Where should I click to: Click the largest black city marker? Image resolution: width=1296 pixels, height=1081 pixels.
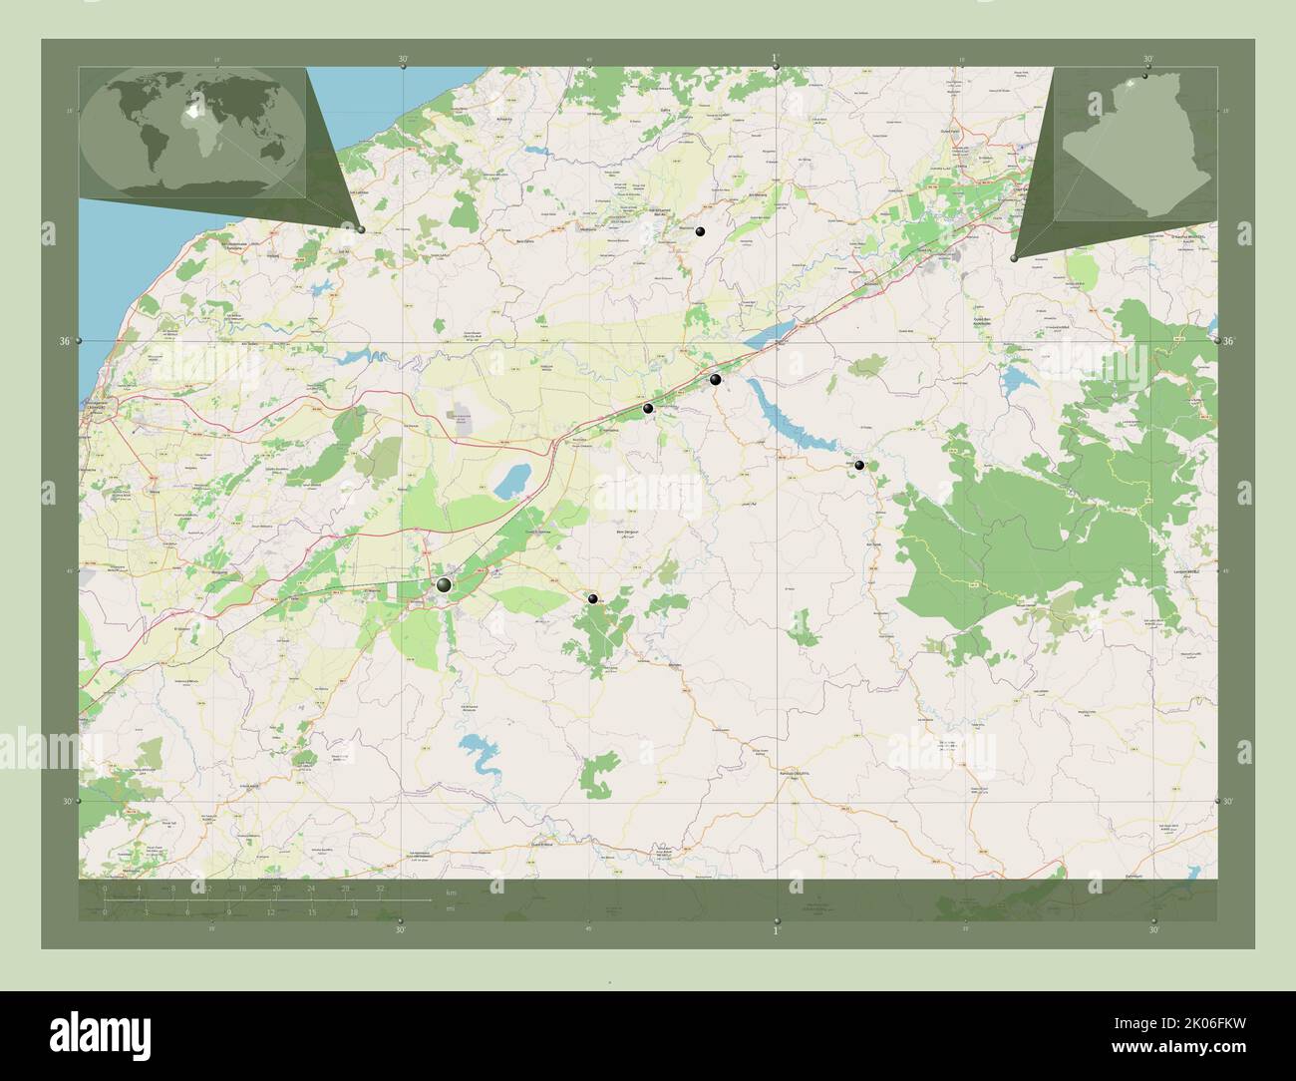444,585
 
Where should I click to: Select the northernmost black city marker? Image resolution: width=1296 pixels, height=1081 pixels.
701,231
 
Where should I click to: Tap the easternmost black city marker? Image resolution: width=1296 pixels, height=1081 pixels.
859,465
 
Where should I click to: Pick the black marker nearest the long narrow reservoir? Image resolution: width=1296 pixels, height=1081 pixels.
715,379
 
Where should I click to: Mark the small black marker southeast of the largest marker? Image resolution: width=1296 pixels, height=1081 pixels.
593,598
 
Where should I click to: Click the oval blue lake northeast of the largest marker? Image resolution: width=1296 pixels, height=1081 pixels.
512,482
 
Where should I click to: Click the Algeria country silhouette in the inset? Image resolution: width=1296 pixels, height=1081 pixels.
1136,150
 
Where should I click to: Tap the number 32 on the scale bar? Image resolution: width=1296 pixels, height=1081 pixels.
380,888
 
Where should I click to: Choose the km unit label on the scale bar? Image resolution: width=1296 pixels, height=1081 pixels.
451,892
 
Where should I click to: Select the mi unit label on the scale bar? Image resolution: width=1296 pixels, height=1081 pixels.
451,909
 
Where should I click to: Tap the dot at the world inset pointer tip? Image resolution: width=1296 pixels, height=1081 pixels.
361,229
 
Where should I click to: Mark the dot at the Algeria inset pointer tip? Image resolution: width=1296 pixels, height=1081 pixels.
1014,258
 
